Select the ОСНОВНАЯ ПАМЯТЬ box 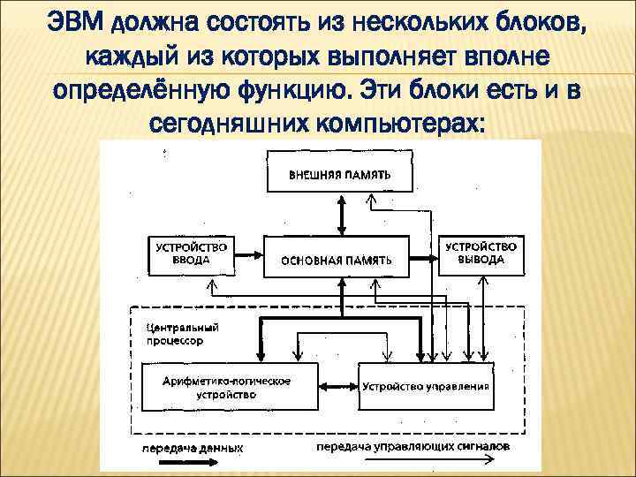click(x=336, y=259)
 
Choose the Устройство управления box click(x=425, y=387)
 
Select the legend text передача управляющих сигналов click(x=412, y=447)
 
